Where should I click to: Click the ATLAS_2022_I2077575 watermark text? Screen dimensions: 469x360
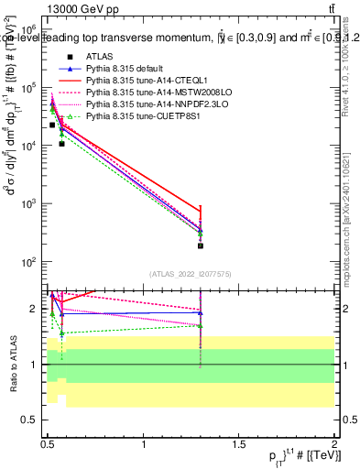click(190, 273)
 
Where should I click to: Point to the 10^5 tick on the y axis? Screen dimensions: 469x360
click(34, 87)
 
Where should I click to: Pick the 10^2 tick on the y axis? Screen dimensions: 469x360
click(34, 262)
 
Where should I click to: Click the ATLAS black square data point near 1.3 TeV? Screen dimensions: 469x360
click(201, 245)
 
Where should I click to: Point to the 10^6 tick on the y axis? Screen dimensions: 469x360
click(34, 29)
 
